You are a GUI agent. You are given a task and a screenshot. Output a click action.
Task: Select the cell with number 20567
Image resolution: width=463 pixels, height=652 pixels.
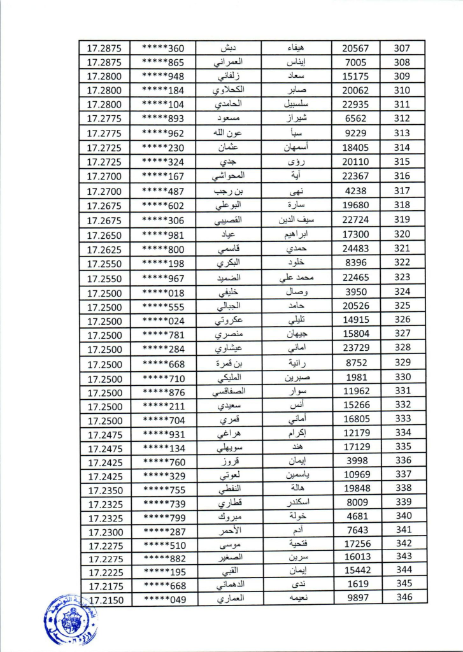coord(355,48)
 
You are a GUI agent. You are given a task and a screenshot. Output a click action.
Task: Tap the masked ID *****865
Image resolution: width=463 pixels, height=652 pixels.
coord(163,62)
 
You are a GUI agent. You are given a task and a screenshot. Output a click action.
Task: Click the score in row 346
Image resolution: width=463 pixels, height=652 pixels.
coord(105,600)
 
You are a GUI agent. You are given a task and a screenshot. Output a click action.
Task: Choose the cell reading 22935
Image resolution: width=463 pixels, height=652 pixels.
coord(355,104)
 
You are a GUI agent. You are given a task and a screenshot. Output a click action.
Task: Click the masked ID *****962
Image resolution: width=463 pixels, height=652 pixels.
coord(163,133)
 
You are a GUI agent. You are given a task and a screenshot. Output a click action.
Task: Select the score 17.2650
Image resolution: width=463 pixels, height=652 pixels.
coord(105,235)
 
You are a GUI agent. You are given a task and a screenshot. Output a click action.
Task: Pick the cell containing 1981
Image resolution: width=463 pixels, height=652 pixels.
coord(355,377)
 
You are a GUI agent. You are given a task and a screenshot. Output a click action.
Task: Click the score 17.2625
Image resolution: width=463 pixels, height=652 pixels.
coord(105,249)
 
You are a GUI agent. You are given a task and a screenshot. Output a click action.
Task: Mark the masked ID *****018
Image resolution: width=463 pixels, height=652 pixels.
coord(163,292)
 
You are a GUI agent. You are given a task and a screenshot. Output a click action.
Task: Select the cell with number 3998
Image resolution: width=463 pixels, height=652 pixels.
coord(355,461)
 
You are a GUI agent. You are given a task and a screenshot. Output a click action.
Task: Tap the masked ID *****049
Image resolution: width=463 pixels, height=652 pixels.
coord(163,599)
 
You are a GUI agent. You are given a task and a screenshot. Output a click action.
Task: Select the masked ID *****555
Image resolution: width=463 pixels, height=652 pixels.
coord(163,306)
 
